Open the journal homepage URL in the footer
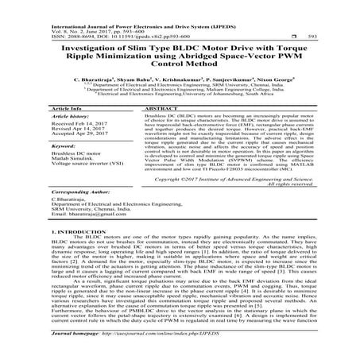click(x=168, y=346)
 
